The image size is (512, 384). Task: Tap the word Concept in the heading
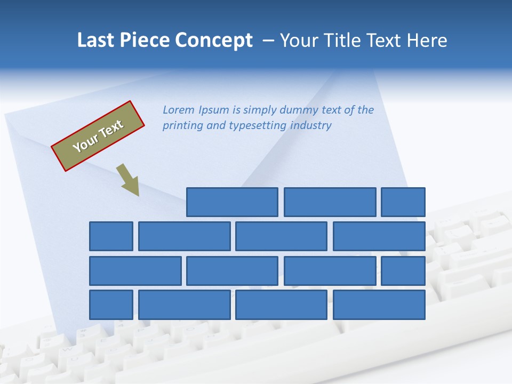(214, 41)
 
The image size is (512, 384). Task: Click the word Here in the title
(427, 41)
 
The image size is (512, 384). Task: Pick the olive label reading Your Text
(98, 136)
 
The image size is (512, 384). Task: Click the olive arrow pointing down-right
(128, 180)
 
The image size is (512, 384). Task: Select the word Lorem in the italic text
(179, 110)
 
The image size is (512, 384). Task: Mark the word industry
(310, 126)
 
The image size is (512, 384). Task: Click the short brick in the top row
(403, 202)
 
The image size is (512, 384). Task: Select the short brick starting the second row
(111, 236)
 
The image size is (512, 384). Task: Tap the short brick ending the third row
(403, 271)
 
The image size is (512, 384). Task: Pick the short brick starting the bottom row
(111, 305)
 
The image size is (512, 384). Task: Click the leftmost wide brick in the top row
(232, 202)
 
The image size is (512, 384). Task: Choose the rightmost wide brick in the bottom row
(379, 305)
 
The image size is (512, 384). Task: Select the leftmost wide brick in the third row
(135, 271)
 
